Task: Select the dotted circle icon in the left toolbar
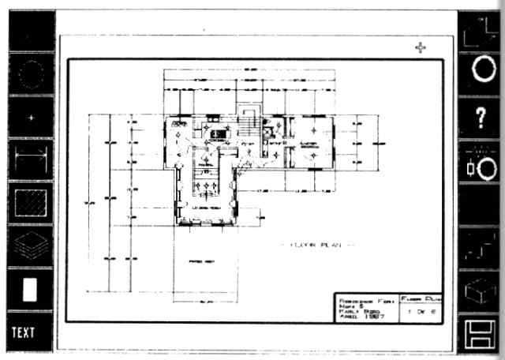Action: pos(30,77)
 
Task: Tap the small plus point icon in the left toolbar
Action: pos(31,117)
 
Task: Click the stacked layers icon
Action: pos(31,244)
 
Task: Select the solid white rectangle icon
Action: pos(31,288)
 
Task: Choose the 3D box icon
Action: pos(481,293)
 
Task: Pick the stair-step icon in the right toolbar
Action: pos(481,244)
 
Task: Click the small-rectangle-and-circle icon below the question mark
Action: pos(481,165)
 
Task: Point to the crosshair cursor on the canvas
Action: pos(421,48)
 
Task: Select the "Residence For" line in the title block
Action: pos(365,300)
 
